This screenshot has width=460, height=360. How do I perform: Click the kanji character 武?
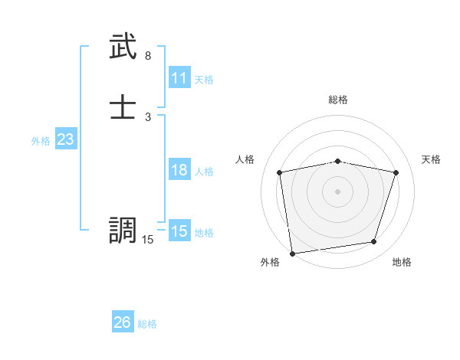(x=123, y=48)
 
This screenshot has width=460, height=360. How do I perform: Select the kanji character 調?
(x=123, y=231)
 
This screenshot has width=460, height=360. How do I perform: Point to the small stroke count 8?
(x=147, y=56)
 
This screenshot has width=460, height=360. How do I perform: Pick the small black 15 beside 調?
(x=147, y=240)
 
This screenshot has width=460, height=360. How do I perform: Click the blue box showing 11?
(x=179, y=78)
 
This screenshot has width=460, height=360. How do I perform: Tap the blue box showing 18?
(x=179, y=170)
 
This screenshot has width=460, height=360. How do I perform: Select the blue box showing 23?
(x=65, y=139)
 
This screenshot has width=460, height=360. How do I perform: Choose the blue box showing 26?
(x=123, y=322)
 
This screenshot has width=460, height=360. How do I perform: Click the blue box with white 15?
(x=179, y=231)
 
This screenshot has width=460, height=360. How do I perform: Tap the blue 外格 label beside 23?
(x=41, y=141)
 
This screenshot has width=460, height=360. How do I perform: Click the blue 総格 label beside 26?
(x=147, y=324)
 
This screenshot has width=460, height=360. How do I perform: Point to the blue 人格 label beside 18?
(x=205, y=172)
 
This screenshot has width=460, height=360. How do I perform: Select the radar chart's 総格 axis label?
(x=338, y=100)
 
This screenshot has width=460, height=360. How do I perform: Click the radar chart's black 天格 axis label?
(x=431, y=159)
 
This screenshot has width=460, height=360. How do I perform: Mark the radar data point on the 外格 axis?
(x=292, y=253)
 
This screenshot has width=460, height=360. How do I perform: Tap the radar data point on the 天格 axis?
(x=396, y=172)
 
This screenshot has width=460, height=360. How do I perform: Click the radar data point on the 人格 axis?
(x=280, y=172)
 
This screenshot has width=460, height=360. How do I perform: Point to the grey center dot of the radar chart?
(x=338, y=191)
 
